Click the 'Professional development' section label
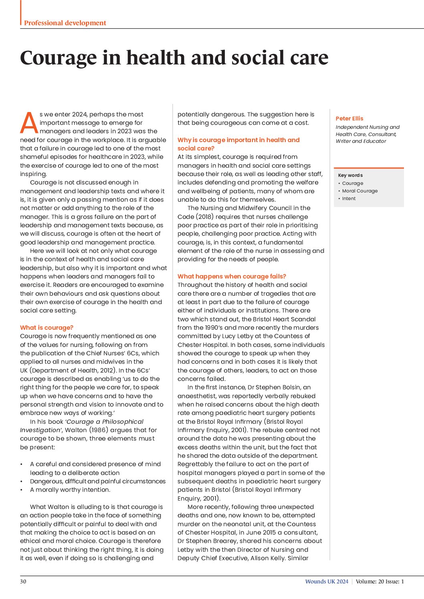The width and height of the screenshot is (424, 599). [65, 23]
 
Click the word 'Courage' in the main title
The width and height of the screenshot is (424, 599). [58, 58]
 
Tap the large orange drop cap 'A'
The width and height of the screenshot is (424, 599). [29, 123]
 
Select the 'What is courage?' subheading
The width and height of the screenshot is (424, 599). [46, 327]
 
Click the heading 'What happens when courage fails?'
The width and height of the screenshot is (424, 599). [232, 276]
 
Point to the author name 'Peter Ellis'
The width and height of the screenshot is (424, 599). [349, 118]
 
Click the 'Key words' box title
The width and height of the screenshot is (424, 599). [350, 175]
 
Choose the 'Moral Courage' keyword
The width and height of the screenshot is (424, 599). [359, 191]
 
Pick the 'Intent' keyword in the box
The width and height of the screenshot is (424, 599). [349, 198]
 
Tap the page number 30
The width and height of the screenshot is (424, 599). [23, 581]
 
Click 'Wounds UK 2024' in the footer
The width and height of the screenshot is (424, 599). [327, 581]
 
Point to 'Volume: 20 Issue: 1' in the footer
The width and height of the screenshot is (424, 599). [380, 581]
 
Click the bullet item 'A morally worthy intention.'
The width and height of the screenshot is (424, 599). [70, 489]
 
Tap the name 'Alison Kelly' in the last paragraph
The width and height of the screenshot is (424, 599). [268, 558]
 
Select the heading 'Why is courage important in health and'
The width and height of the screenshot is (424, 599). [238, 140]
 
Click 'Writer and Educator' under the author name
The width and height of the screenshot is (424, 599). [361, 141]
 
